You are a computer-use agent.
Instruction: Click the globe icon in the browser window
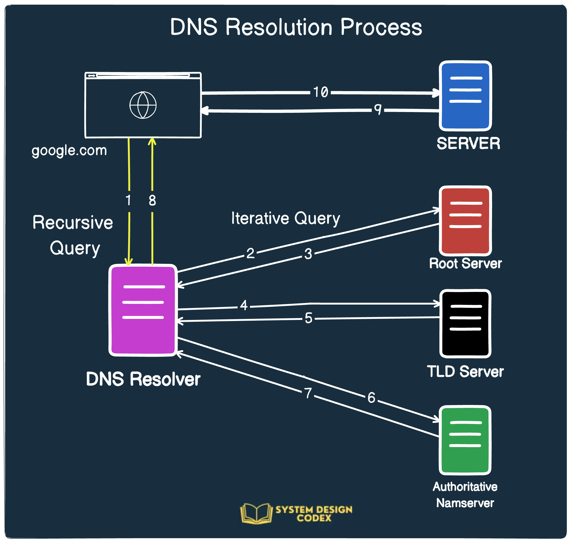tap(143, 105)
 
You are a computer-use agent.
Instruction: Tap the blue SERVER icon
tap(465, 96)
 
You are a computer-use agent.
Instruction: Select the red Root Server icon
tap(465, 221)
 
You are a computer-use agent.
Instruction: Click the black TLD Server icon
tap(465, 323)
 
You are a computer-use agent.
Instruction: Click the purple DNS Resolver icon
tap(143, 310)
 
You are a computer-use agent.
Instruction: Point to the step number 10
tap(321, 92)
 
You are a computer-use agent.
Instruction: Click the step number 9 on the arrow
tap(377, 109)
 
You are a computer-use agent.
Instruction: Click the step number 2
tap(251, 253)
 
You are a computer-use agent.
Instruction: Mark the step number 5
tap(309, 318)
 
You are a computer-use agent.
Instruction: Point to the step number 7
tap(308, 393)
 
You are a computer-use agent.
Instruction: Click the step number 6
tap(371, 398)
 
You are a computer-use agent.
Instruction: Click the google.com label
tap(69, 150)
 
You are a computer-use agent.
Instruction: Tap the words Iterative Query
tap(285, 218)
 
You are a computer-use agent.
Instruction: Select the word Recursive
tap(73, 223)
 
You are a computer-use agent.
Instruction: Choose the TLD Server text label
tap(465, 372)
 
